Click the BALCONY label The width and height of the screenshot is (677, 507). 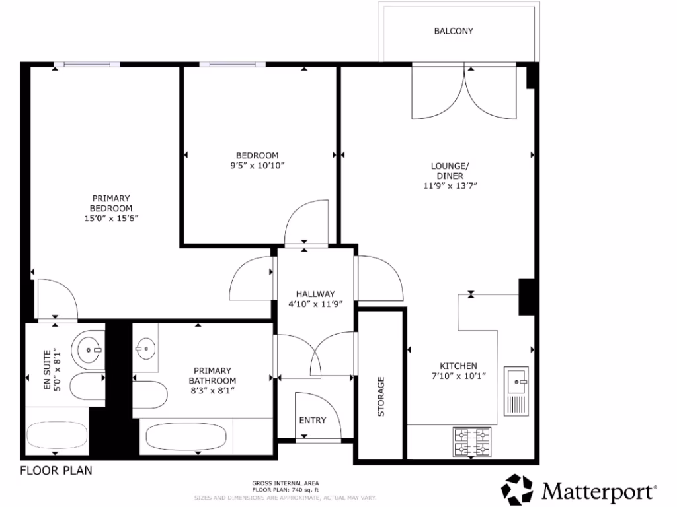[x=454, y=31]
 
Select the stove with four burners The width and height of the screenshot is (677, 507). [x=472, y=442]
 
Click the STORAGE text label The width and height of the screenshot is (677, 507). [x=381, y=397]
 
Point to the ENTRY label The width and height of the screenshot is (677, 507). [x=313, y=420]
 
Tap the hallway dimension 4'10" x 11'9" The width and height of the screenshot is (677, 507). [x=316, y=304]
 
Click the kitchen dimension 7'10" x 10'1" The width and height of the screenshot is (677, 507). [x=459, y=376]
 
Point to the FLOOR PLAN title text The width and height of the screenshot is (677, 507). [x=56, y=471]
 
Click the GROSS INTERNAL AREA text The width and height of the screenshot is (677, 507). [x=286, y=483]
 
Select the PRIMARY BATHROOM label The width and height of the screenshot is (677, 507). [x=212, y=376]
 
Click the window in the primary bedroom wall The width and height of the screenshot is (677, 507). [x=87, y=64]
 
